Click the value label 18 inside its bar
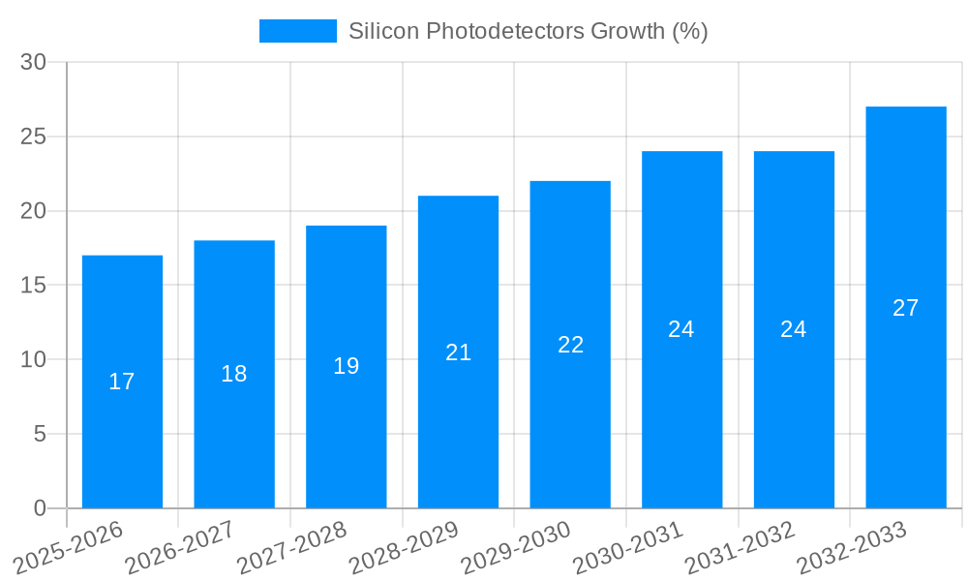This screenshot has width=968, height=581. click(x=234, y=374)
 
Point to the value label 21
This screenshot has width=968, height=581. click(x=458, y=352)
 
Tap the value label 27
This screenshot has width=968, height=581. click(x=906, y=308)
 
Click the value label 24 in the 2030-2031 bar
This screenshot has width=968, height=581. click(x=681, y=329)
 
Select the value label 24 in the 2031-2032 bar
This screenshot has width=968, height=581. click(x=794, y=329)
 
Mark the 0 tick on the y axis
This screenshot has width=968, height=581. click(x=40, y=508)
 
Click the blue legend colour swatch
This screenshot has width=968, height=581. click(x=297, y=31)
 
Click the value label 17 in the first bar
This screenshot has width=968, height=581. click(x=122, y=382)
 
